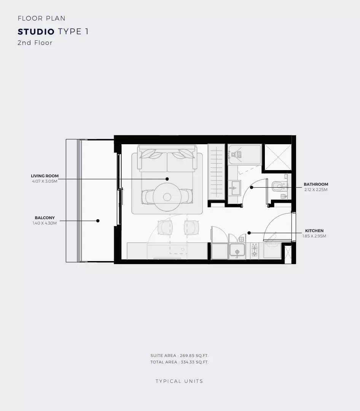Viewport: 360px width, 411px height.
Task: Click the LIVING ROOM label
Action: [x=45, y=176]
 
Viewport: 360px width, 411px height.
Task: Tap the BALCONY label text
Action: [x=45, y=218]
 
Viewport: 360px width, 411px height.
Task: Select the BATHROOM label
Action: [x=315, y=185]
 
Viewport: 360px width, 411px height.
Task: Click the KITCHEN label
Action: [x=314, y=231]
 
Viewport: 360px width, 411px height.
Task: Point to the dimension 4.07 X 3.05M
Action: [x=45, y=182]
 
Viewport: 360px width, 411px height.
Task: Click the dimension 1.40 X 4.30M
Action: [x=45, y=223]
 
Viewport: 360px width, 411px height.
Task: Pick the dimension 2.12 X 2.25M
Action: [x=315, y=190]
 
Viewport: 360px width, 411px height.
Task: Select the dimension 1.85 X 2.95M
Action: [x=314, y=236]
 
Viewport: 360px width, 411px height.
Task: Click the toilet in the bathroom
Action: [x=279, y=186]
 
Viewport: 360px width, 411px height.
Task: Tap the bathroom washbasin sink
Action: [x=234, y=188]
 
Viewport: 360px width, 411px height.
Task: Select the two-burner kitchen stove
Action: [x=254, y=251]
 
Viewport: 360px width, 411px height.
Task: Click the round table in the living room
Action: [x=167, y=197]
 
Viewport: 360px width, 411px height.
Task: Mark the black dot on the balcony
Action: [x=98, y=221]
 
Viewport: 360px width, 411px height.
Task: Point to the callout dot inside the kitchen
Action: [x=248, y=233]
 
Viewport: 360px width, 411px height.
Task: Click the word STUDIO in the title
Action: [x=36, y=32]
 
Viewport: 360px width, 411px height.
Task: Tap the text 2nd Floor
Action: [x=35, y=43]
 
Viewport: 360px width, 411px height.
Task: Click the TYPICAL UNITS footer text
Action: [x=179, y=381]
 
